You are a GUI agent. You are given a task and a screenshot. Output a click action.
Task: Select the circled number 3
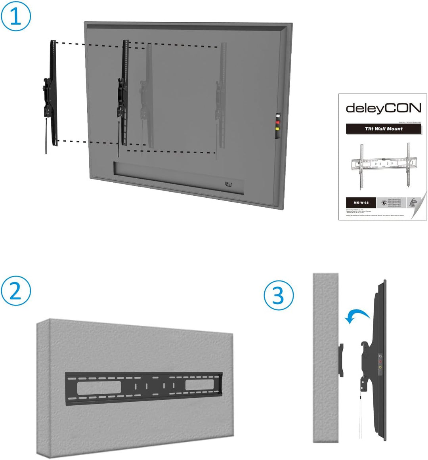(279, 296)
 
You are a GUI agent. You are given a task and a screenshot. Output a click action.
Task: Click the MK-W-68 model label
(361, 203)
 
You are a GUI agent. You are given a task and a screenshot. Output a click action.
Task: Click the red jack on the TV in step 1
(278, 123)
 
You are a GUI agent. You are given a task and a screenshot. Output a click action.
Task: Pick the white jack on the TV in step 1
(278, 117)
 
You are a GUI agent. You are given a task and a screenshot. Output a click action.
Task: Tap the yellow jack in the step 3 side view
(380, 368)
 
